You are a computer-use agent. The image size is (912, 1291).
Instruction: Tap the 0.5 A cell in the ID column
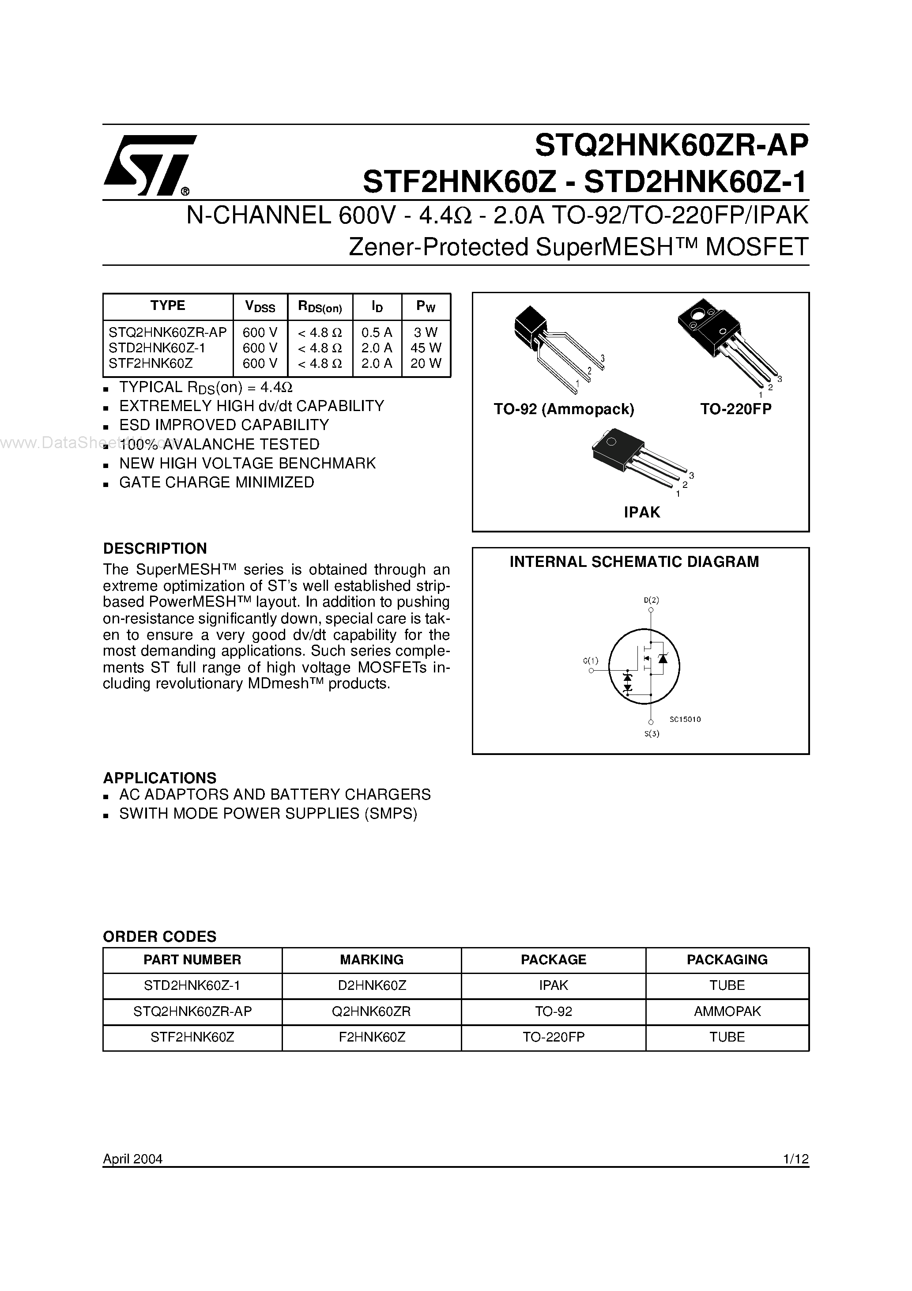[376, 332]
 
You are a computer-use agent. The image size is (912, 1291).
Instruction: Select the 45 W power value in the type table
[426, 348]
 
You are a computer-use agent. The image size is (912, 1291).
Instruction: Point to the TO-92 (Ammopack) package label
[563, 409]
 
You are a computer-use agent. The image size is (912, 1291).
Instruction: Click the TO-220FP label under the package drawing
[735, 409]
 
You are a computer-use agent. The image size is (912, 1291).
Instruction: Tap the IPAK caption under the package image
[641, 512]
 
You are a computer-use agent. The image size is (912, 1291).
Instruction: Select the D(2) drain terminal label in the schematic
[651, 600]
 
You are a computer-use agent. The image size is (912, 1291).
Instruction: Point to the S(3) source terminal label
[651, 733]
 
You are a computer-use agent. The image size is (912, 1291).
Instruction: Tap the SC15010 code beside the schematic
[685, 719]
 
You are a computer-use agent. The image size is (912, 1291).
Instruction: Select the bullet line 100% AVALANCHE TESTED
[219, 444]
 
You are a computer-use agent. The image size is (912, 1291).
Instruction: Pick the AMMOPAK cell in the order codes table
[727, 1011]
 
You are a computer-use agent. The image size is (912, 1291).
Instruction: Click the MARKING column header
[371, 960]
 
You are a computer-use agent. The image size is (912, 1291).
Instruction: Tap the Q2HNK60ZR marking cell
[371, 1011]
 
